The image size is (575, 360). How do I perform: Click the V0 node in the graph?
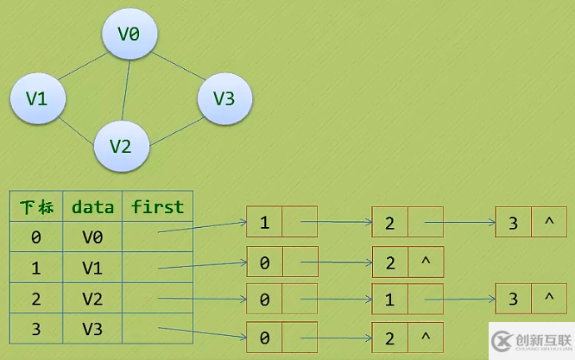pyautogui.click(x=129, y=35)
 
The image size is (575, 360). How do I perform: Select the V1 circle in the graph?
pyautogui.click(x=36, y=98)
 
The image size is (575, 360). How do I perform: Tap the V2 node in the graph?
pyautogui.click(x=121, y=144)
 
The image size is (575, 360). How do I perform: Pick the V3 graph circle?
pyautogui.click(x=224, y=98)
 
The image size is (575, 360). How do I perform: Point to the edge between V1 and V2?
pyautogui.click(x=78, y=127)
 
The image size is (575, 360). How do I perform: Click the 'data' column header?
pyautogui.click(x=93, y=207)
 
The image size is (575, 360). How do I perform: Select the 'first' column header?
pyautogui.click(x=157, y=207)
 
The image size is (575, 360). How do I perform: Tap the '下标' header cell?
pyautogui.click(x=36, y=207)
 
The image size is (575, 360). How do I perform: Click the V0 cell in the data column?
pyautogui.click(x=92, y=237)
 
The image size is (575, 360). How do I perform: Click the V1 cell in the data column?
pyautogui.click(x=92, y=268)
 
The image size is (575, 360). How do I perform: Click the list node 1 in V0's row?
pyautogui.click(x=264, y=222)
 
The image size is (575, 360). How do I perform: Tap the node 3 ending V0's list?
pyautogui.click(x=513, y=223)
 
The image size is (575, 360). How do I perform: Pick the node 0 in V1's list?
pyautogui.click(x=264, y=261)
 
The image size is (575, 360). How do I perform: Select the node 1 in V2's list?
pyautogui.click(x=390, y=299)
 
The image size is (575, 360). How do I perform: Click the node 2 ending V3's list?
pyautogui.click(x=390, y=336)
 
